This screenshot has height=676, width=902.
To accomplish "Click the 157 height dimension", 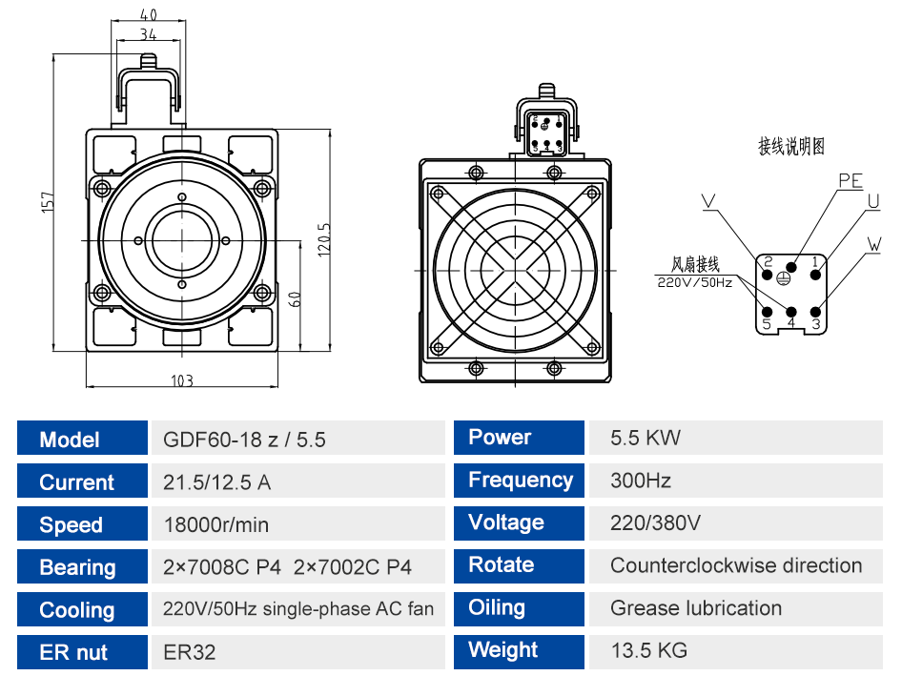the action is (x=48, y=202).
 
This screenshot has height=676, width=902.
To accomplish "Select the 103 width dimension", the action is (x=182, y=380).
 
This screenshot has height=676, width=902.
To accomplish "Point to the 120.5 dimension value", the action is (x=324, y=240).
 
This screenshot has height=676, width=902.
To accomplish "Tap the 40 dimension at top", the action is (x=149, y=14).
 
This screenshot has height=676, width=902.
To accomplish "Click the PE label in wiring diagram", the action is (x=851, y=180).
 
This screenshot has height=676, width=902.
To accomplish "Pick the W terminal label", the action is (x=873, y=244).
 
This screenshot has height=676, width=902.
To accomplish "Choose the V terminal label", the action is (x=708, y=201).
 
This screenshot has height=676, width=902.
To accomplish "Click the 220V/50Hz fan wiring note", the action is (x=695, y=282).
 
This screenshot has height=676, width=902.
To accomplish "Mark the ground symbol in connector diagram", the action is (x=783, y=278).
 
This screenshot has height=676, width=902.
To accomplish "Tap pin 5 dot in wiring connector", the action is (x=767, y=313).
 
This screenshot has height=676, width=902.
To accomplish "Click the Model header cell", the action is (x=82, y=439).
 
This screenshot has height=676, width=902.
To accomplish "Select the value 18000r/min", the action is (x=216, y=524).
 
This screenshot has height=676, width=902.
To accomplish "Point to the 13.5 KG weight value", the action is (x=649, y=650).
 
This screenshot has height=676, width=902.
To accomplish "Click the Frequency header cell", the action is (x=519, y=481).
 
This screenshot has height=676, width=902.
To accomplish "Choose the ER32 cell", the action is (x=189, y=652).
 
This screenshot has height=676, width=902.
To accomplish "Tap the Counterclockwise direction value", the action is (x=736, y=565).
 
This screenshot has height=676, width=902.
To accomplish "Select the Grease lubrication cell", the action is (x=696, y=608).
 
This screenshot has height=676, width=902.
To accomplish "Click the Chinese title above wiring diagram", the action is (x=791, y=146).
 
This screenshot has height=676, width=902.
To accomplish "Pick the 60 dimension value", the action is (x=294, y=299).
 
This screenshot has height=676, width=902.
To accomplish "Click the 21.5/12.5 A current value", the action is (x=216, y=482).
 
